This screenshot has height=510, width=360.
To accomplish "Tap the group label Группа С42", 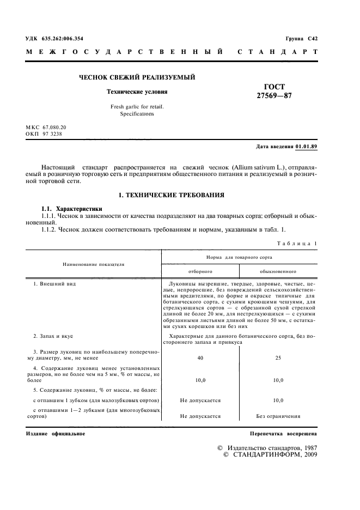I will click(302, 39).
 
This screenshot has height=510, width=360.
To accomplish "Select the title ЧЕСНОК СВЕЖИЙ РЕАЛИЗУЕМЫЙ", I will click(137, 78).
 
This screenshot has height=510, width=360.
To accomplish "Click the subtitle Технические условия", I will click(137, 92).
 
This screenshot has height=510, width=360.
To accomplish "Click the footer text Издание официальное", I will click(56, 434).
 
